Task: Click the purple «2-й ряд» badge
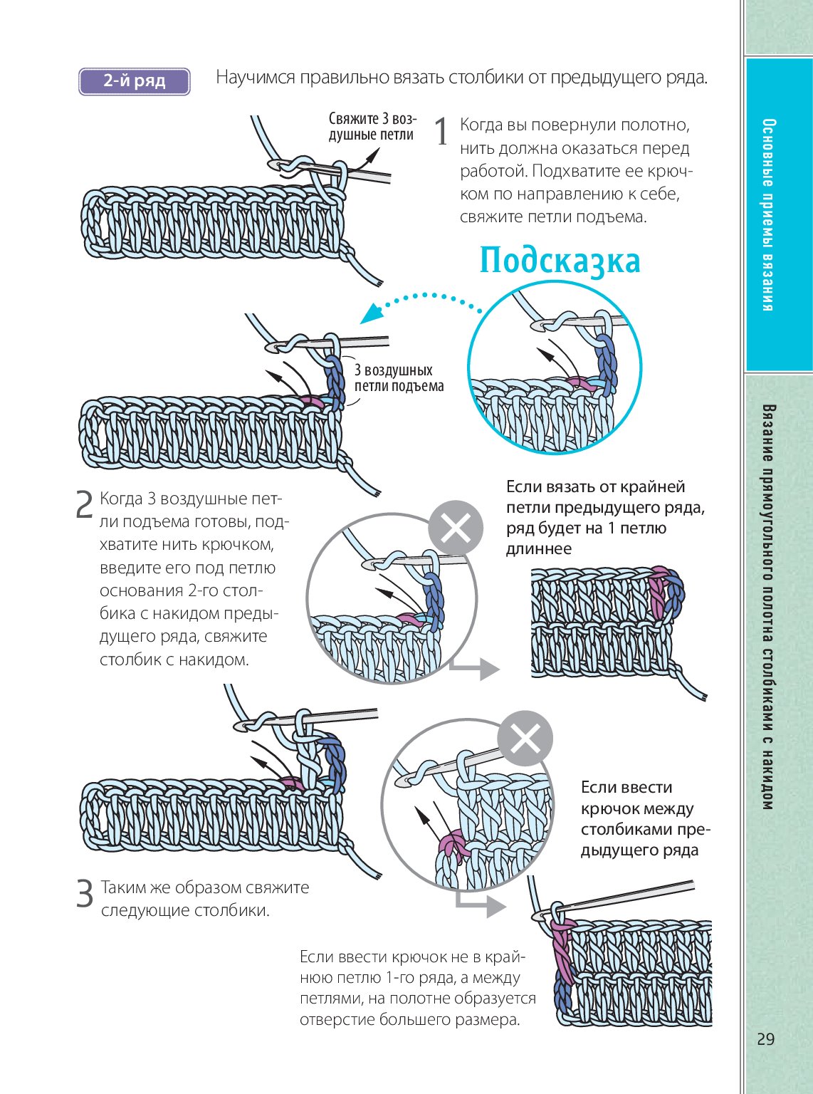[x=134, y=81]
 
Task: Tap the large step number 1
[x=441, y=132]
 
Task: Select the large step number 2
[x=84, y=504]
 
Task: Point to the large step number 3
[x=85, y=894]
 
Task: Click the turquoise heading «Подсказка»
[x=560, y=261]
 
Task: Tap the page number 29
[x=765, y=1039]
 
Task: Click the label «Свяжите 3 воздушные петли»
[x=372, y=127]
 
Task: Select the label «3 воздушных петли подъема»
[x=399, y=378]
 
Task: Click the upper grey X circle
[x=456, y=528]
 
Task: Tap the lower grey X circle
[x=525, y=739]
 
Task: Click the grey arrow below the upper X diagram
[x=477, y=668]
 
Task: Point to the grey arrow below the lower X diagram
[x=482, y=904]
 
